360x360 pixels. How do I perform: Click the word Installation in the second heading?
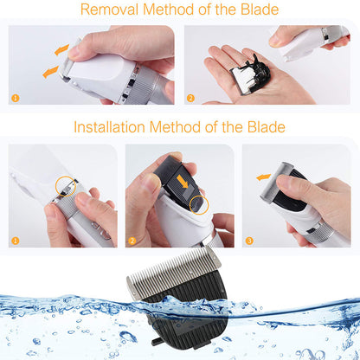pyautogui.click(x=109, y=127)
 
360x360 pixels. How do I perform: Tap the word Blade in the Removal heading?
pyautogui.click(x=260, y=10)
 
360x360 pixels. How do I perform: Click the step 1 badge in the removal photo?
pyautogui.click(x=16, y=98)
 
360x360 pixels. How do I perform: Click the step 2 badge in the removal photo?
pyautogui.click(x=190, y=98)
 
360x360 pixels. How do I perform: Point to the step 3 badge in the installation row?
pyautogui.click(x=249, y=241)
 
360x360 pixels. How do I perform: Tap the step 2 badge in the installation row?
pyautogui.click(x=132, y=241)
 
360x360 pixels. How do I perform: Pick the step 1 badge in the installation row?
pyautogui.click(x=16, y=241)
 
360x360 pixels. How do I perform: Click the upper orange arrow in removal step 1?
pyautogui.click(x=61, y=49)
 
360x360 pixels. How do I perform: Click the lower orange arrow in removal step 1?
pyautogui.click(x=50, y=72)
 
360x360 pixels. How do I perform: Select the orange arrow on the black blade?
pyautogui.click(x=183, y=181)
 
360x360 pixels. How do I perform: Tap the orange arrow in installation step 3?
pyautogui.click(x=263, y=177)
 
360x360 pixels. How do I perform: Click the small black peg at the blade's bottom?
pyautogui.click(x=157, y=342)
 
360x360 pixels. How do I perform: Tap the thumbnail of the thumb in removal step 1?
pyautogui.click(x=74, y=52)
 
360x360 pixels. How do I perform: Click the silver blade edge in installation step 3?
pyautogui.click(x=274, y=182)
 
